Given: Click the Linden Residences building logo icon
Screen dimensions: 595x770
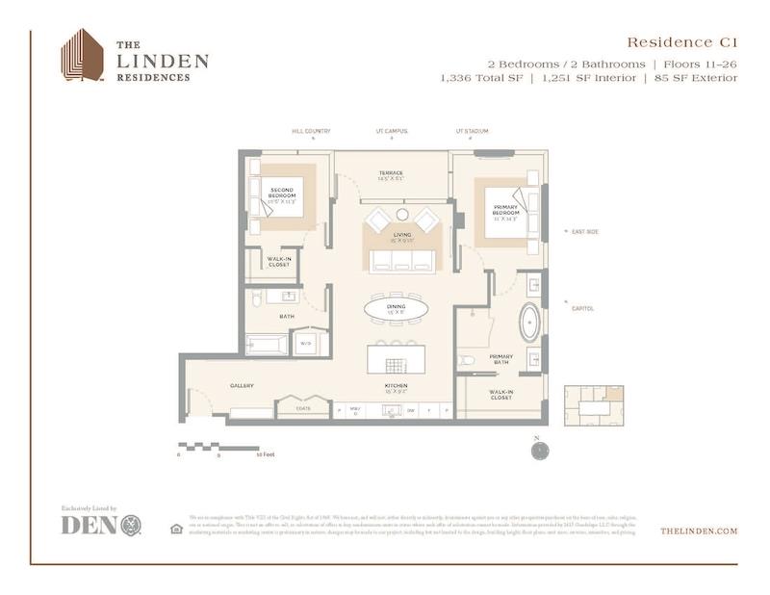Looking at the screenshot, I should coord(82,55).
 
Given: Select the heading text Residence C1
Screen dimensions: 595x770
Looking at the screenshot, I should coord(681,42).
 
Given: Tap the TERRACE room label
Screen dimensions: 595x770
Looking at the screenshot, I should coord(391,174).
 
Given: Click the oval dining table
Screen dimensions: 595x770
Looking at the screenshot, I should coord(396,309).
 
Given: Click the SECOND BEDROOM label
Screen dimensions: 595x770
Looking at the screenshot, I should coord(281,194).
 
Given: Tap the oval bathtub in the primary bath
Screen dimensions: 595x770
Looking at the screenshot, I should coord(529,323).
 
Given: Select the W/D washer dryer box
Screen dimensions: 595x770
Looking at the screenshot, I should coord(306,343).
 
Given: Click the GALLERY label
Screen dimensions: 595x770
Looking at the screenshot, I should coord(242,386).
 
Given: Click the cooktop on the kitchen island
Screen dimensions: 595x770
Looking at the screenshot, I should coord(396,365).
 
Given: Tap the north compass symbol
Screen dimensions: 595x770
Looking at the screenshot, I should coord(541,449).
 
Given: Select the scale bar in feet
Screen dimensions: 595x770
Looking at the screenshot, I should coord(218,448).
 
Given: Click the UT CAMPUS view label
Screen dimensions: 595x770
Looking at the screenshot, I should coord(391,132).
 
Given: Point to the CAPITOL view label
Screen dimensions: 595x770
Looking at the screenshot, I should coord(582,309).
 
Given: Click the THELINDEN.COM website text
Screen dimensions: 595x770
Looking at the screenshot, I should coord(699,530).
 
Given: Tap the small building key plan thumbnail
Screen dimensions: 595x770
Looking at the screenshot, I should coord(594,405).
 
